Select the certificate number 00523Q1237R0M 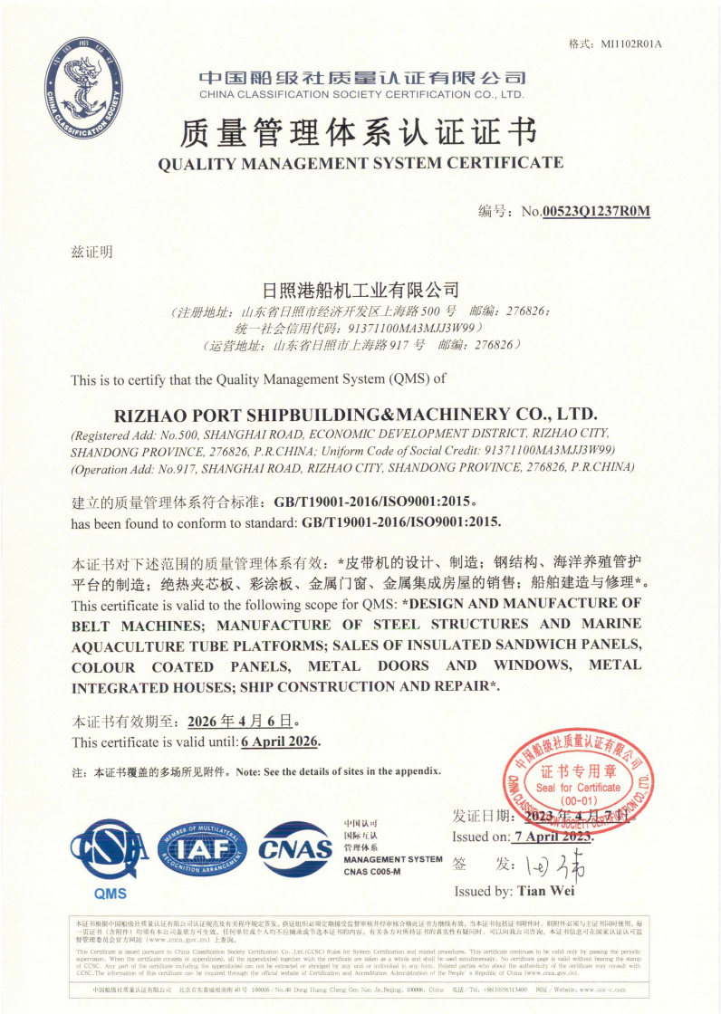596,212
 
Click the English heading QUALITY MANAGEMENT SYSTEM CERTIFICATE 360,163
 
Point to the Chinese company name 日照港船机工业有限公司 360,291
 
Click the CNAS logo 295,849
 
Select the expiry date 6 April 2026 281,742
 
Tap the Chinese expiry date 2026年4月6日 239,722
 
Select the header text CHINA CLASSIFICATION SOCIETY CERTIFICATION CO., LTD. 361,94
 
